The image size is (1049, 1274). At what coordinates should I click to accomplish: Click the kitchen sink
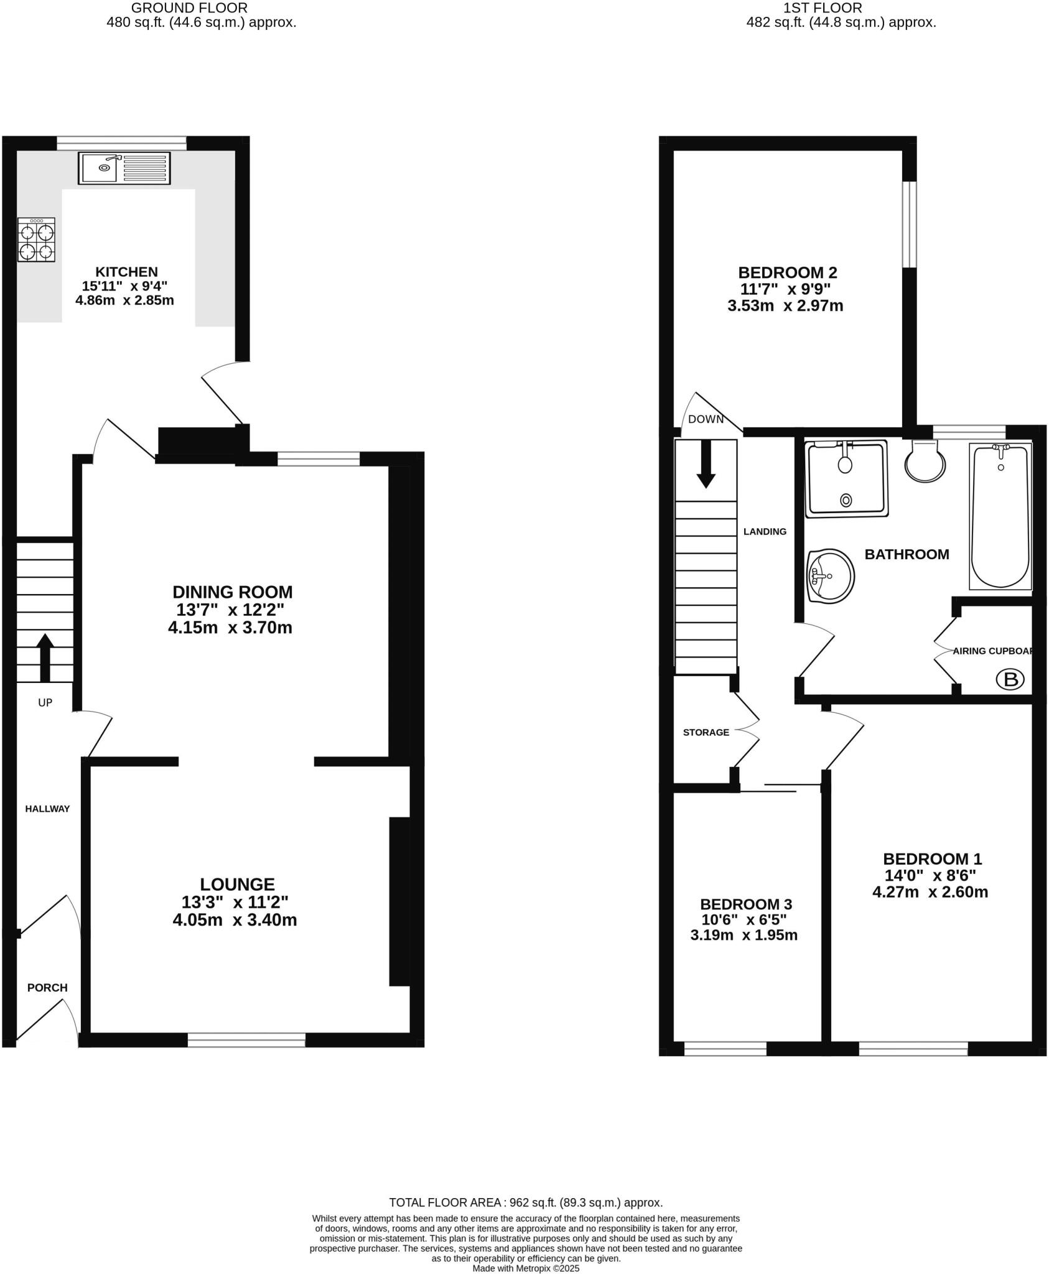(x=124, y=168)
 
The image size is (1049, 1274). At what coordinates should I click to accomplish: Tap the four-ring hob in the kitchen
(x=36, y=239)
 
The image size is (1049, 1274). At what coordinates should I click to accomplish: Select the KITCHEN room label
(x=126, y=272)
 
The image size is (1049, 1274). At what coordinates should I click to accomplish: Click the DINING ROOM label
(x=232, y=592)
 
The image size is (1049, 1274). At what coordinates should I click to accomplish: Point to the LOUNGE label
(x=237, y=884)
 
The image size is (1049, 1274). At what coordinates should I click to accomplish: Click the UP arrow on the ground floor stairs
(x=45, y=658)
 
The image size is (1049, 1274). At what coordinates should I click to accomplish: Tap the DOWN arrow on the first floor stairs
(x=706, y=463)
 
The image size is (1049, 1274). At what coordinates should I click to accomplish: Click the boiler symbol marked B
(x=1010, y=679)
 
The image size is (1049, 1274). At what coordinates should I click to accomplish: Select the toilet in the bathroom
(x=925, y=461)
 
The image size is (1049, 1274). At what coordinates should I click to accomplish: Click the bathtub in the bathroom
(x=1000, y=516)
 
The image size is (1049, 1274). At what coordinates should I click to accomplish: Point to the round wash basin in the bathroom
(x=830, y=576)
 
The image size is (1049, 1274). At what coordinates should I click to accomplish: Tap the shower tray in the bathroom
(x=846, y=479)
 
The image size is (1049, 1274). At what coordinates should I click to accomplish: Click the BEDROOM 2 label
(x=787, y=272)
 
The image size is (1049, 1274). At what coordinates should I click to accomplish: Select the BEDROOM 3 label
(x=745, y=904)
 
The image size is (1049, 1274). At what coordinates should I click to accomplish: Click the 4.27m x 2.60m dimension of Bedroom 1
(x=930, y=893)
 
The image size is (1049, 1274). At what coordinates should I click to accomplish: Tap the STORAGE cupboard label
(x=706, y=732)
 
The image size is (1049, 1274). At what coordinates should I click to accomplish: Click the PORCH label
(x=47, y=987)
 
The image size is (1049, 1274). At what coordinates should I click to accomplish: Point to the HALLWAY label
(x=47, y=809)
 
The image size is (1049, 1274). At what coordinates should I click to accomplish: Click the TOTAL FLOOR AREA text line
(x=525, y=1202)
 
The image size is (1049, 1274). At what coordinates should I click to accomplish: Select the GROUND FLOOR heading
(x=189, y=8)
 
